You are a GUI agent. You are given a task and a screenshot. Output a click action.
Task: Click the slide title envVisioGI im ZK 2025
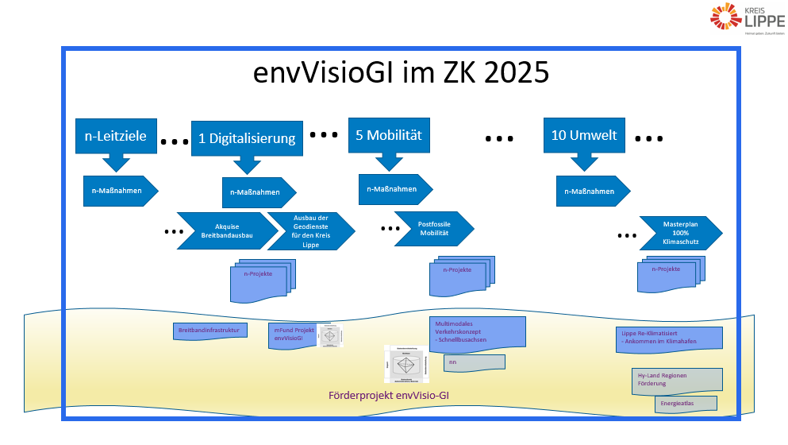tap(401, 73)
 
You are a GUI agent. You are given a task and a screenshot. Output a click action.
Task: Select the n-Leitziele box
tap(115, 136)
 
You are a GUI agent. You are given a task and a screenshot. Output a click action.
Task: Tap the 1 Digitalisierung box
tap(247, 138)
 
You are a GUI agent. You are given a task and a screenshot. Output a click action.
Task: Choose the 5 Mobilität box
tap(387, 135)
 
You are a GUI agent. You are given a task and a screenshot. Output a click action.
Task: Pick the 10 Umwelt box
tap(584, 135)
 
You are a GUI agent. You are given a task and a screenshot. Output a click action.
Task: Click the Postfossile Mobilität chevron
tap(433, 229)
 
